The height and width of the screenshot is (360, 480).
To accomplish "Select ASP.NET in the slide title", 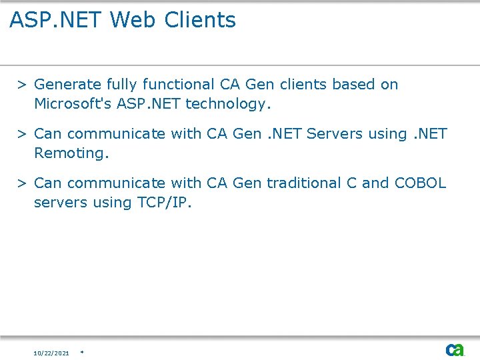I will click(55, 20).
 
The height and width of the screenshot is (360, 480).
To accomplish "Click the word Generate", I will click(68, 85).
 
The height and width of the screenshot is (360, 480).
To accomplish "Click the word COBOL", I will click(421, 183).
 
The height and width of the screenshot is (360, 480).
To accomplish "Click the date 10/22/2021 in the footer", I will click(51, 353).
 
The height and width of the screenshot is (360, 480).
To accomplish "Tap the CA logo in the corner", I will click(455, 350).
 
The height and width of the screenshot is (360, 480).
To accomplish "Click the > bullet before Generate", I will click(22, 85).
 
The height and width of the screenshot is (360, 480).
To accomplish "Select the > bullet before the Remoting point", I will click(22, 134).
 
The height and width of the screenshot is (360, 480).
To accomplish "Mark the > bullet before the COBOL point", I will click(22, 183).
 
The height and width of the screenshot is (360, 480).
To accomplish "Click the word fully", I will click(123, 85).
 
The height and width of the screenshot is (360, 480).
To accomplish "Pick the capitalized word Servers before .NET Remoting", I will click(335, 134).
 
